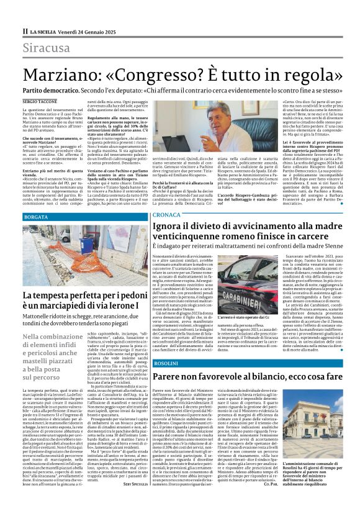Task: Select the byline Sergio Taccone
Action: point(37,100)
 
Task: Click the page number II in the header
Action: point(25,30)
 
